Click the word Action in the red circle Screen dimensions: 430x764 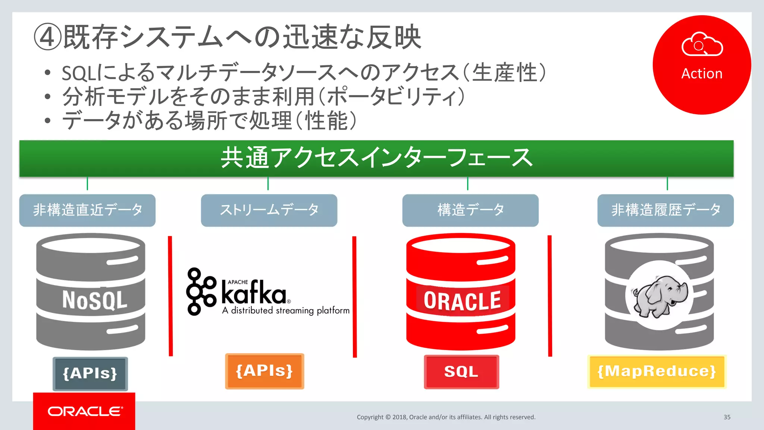pyautogui.click(x=702, y=74)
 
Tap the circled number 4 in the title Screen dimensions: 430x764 pyautogui.click(x=47, y=37)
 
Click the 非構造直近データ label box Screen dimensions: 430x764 pyautogui.click(x=87, y=210)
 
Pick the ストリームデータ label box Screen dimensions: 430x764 pyautogui.click(x=269, y=210)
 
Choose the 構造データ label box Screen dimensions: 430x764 pyautogui.click(x=470, y=210)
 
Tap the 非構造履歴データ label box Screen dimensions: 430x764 pyautogui.click(x=665, y=210)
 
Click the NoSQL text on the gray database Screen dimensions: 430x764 pyautogui.click(x=94, y=300)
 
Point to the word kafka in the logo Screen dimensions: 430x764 pyautogui.click(x=254, y=293)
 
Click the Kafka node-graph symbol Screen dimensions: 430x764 pyautogui.click(x=201, y=291)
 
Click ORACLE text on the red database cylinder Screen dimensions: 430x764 pyautogui.click(x=462, y=301)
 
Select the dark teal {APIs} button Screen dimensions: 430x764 pyautogui.click(x=90, y=373)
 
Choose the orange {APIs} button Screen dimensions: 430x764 pyautogui.click(x=264, y=371)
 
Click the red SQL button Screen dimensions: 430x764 pyautogui.click(x=461, y=372)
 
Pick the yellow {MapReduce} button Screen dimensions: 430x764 pyautogui.click(x=657, y=371)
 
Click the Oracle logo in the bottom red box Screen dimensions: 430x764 pyautogui.click(x=84, y=411)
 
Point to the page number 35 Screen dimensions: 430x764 pyautogui.click(x=727, y=417)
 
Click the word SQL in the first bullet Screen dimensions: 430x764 pyautogui.click(x=77, y=73)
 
